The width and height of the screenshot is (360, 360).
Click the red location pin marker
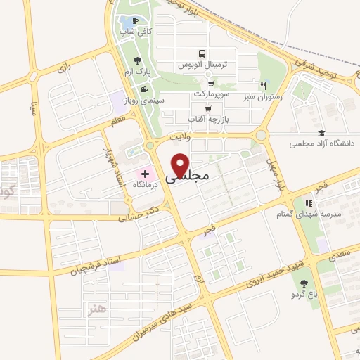[181, 165]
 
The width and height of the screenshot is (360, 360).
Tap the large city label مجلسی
[188, 179]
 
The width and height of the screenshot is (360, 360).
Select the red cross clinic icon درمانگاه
[146, 173]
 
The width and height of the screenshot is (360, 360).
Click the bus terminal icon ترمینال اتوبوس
[202, 53]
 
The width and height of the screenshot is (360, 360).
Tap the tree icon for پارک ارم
[137, 60]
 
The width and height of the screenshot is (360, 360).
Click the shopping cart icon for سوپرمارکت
[210, 83]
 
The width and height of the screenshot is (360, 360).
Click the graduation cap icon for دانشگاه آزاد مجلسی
[321, 133]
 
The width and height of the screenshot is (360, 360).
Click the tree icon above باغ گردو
[304, 283]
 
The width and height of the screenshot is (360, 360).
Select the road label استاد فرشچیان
[85, 266]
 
